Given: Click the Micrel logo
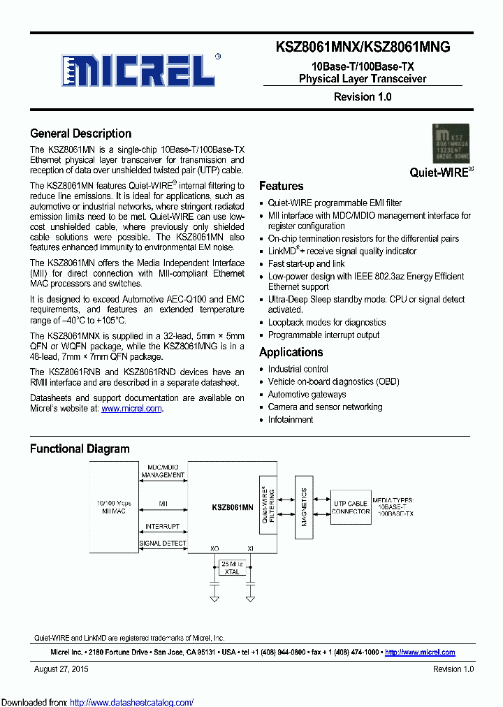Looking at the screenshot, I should click(136, 71).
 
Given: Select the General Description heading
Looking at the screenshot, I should click(80, 133).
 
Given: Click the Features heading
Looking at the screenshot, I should click(281, 186).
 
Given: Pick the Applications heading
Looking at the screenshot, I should click(291, 352).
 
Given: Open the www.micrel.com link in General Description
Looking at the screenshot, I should click(131, 409).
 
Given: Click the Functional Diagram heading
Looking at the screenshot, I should click(80, 449).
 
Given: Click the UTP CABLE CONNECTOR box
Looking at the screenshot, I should click(351, 507).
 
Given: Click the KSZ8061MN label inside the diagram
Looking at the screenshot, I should click(233, 508).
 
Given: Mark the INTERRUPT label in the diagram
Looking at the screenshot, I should click(162, 526).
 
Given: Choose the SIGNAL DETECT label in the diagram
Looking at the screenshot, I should click(163, 543).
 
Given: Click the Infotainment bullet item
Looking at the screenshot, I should click(290, 420).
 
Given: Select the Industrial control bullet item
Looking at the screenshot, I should click(298, 369).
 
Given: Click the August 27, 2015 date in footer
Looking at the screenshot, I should click(61, 669).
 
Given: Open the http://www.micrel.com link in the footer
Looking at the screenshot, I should click(420, 653).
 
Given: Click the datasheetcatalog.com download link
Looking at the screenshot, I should click(132, 702).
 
